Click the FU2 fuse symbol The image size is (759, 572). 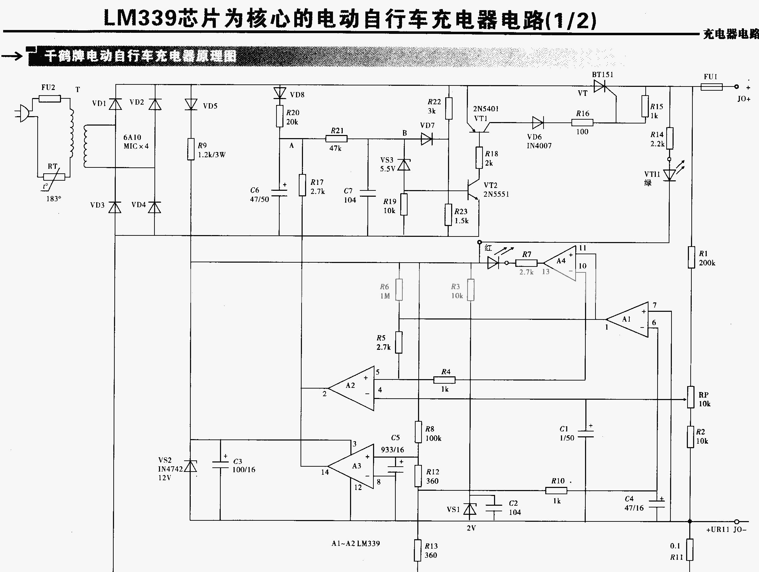[x=50, y=99]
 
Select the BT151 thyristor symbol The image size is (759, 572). [x=600, y=86]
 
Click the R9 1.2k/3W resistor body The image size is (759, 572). [x=191, y=149]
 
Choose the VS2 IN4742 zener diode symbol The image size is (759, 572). [x=190, y=466]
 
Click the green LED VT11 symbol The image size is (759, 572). [x=669, y=175]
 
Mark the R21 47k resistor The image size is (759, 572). [x=336, y=139]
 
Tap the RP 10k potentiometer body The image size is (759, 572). [x=691, y=397]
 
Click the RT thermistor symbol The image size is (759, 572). [x=54, y=177]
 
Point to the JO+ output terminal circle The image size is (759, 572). [x=736, y=86]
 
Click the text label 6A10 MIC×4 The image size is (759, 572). [x=136, y=142]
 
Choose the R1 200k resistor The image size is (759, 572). [x=691, y=257]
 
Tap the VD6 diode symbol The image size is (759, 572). [x=538, y=123]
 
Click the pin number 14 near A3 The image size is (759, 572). [x=325, y=472]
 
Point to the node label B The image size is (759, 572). [x=404, y=133]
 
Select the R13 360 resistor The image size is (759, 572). [x=417, y=550]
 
